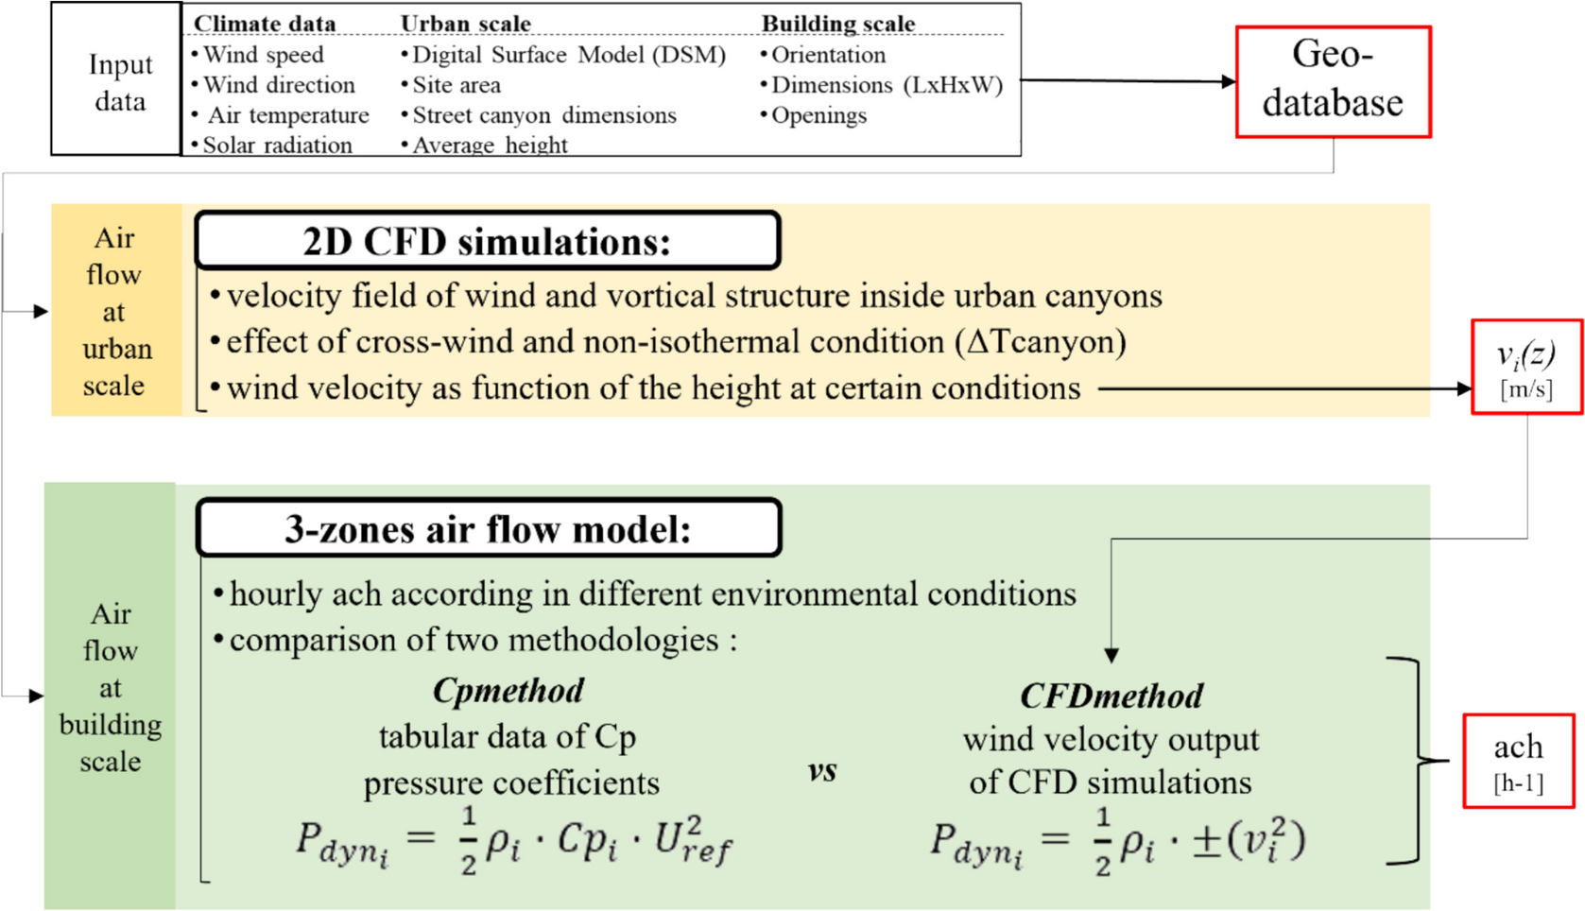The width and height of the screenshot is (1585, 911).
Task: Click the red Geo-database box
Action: click(x=1333, y=81)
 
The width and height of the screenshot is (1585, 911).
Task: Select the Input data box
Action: click(x=117, y=81)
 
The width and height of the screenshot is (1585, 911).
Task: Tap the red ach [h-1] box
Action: click(x=1518, y=761)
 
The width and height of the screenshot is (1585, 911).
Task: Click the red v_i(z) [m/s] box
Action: click(x=1525, y=367)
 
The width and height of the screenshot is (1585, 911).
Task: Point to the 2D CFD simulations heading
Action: click(x=487, y=241)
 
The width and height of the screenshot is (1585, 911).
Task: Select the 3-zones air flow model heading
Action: click(x=488, y=528)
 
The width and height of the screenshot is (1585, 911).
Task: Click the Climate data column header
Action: click(x=265, y=23)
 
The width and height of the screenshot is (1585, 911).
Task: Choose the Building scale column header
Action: click(x=837, y=23)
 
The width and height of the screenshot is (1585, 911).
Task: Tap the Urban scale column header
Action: click(x=465, y=23)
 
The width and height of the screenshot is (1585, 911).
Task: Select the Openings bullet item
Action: click(x=818, y=115)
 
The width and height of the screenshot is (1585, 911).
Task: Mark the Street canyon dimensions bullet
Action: click(x=543, y=115)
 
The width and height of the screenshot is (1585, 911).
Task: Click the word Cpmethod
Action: click(x=508, y=691)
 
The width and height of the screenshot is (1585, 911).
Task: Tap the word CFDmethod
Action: click(x=1111, y=696)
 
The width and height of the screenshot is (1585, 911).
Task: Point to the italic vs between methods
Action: click(x=822, y=770)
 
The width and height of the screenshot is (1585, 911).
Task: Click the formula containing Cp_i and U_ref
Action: click(x=513, y=839)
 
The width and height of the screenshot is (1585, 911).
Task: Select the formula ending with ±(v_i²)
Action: click(x=1117, y=839)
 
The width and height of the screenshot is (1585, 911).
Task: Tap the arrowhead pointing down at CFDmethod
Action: click(x=1111, y=655)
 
